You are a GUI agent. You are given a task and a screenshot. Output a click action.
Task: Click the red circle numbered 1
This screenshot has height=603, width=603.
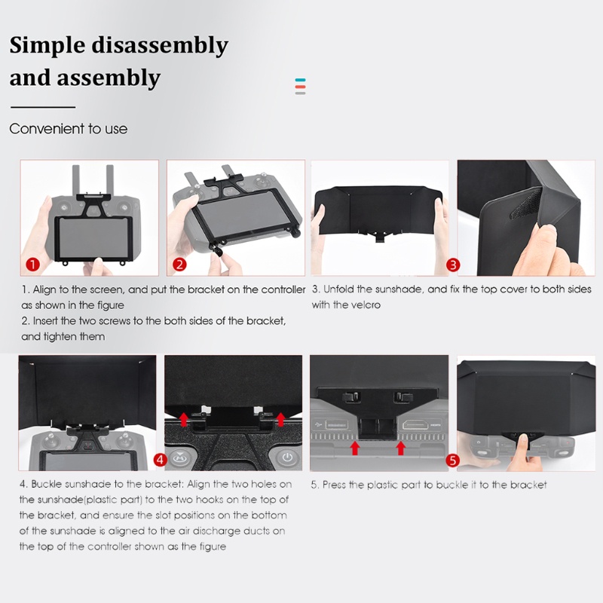(32, 265)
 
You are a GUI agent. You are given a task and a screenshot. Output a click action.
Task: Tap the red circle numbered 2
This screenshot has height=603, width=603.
(179, 265)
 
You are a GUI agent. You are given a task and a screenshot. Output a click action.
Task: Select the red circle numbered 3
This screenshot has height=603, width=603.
(453, 265)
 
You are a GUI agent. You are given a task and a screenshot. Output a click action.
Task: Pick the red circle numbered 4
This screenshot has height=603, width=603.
(160, 460)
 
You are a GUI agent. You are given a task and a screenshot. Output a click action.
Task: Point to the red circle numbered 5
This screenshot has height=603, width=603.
(453, 461)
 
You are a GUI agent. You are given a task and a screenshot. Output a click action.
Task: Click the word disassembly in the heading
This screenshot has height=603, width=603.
(160, 45)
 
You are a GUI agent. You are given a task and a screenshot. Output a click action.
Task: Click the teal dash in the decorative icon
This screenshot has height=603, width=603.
(300, 80)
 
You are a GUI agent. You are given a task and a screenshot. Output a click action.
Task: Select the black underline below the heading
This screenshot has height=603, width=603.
(43, 107)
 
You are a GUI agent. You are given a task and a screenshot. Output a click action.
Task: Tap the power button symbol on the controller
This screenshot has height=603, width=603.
(287, 458)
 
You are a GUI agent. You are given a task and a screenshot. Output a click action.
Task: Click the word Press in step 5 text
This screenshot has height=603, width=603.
(334, 485)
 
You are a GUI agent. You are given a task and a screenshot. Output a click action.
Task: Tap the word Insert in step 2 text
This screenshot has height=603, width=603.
(45, 321)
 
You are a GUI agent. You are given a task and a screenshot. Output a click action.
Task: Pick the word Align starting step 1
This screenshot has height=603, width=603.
(44, 290)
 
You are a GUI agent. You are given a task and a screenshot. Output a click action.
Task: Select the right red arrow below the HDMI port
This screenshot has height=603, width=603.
(401, 448)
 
